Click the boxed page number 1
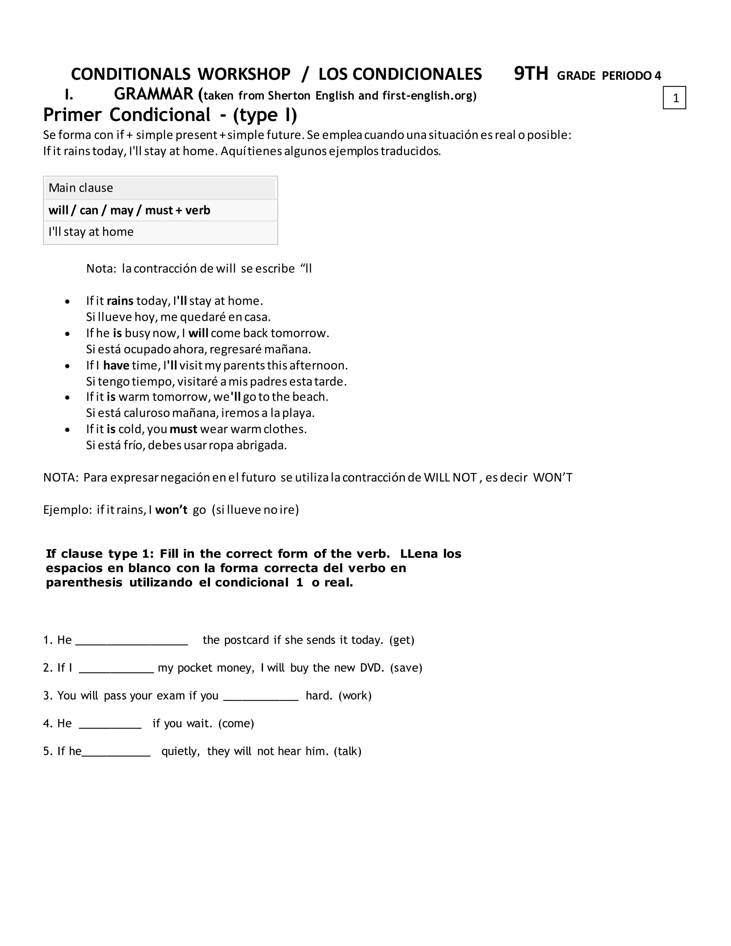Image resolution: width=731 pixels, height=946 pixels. pos(674,98)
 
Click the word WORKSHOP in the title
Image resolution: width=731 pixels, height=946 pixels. pos(244,75)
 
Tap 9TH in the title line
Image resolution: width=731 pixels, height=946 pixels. pos(531,74)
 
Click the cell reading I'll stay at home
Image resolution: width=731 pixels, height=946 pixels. pos(160,232)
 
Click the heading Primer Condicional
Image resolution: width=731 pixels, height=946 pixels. pos(126,115)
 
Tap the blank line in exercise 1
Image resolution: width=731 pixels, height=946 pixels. pos(131,641)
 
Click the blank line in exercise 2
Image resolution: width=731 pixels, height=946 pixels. pos(116,668)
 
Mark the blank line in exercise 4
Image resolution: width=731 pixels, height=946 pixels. pos(110,724)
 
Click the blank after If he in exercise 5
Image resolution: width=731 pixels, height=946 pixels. pos(116,751)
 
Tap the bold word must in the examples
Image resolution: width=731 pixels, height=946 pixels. pos(183,429)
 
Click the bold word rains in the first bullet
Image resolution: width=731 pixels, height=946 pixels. pos(120,301)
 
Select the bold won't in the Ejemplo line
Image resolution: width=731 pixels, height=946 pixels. pos(171,510)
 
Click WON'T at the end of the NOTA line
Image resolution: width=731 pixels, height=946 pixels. pos(553,477)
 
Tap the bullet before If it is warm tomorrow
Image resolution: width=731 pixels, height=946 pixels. pos(67,398)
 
